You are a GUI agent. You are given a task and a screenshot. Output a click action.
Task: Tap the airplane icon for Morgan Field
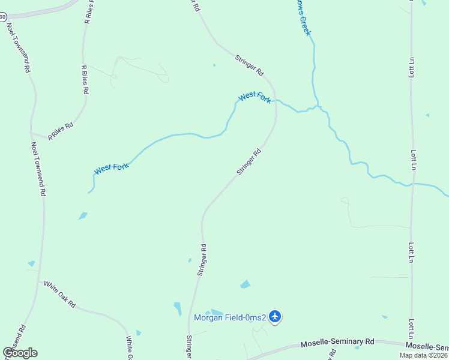tap(275, 316)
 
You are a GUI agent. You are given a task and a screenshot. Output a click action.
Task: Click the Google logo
tap(20, 353)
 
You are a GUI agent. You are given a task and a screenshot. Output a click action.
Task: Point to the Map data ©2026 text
tap(423, 355)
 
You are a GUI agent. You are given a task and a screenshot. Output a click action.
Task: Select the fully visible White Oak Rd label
tap(59, 294)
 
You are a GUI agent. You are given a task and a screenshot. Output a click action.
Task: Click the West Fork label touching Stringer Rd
tap(255, 97)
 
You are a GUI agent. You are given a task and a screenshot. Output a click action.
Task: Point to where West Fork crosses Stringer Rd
tap(274, 101)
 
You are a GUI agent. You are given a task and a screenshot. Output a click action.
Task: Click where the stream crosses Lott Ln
tap(412, 184)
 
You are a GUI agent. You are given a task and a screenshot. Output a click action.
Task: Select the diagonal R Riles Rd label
tap(61, 130)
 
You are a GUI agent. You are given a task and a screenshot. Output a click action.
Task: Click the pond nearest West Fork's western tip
tap(83, 215)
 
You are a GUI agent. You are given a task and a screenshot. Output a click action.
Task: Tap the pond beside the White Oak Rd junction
tap(31, 263)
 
